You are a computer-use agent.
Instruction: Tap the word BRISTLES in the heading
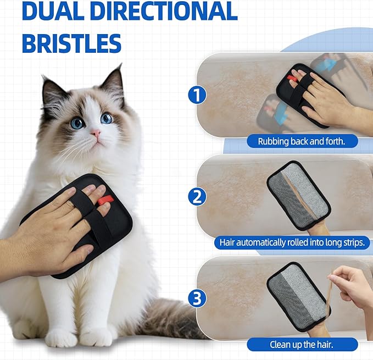tap(71, 42)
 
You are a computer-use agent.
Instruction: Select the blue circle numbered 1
tap(197, 95)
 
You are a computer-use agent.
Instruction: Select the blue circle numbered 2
tap(197, 197)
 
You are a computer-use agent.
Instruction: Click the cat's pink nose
tap(95, 134)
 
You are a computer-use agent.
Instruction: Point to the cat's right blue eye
tap(107, 118)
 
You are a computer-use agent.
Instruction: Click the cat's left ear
tap(51, 88)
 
